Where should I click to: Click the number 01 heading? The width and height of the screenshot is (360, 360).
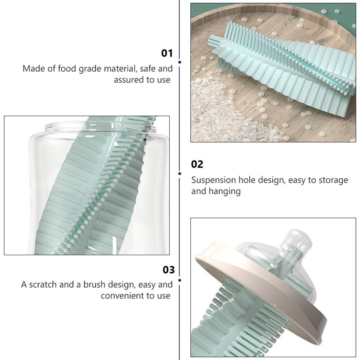click(x=167, y=53)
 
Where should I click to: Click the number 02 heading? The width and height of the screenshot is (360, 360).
click(x=197, y=164)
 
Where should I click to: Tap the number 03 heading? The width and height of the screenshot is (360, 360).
click(x=169, y=270)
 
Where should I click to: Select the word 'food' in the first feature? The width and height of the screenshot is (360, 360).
click(x=67, y=68)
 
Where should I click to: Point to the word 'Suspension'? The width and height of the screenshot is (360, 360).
click(x=213, y=180)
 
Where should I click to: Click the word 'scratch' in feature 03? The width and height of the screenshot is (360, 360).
click(x=43, y=284)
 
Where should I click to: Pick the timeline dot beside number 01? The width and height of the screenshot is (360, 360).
click(x=180, y=62)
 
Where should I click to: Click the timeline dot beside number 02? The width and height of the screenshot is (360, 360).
click(x=180, y=174)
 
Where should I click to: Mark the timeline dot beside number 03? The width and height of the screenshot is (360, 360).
click(x=180, y=280)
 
